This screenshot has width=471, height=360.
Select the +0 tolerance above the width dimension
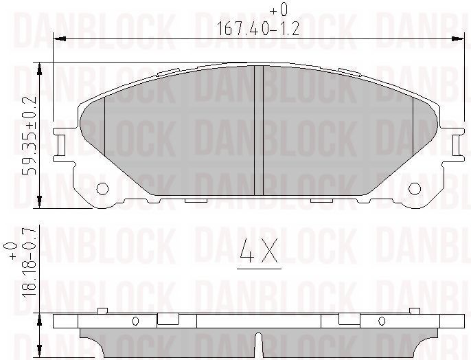point(278,10)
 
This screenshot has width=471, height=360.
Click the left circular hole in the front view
point(103,188)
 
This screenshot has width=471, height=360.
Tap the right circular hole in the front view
point(415,188)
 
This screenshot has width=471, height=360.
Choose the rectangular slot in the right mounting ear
point(458,144)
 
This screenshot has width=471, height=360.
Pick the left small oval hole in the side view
point(135,320)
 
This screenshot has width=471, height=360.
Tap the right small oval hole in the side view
point(382,320)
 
